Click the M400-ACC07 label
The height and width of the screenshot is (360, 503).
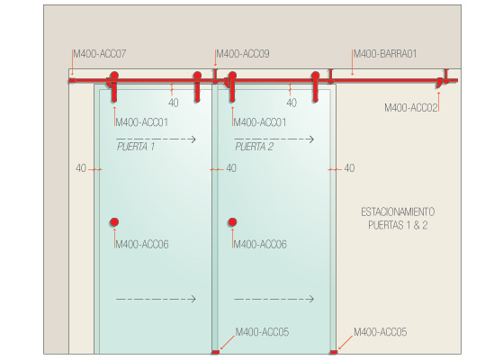(100, 54)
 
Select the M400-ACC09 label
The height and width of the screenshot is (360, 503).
(243, 54)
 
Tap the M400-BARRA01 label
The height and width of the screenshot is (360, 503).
(385, 54)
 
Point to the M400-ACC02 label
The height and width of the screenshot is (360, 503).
(411, 107)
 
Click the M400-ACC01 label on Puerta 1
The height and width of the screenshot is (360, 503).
(142, 122)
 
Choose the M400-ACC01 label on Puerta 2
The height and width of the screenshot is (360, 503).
(260, 122)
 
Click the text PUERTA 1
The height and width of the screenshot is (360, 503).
(136, 147)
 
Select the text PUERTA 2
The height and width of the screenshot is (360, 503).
(254, 147)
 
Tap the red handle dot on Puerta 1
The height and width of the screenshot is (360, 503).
(114, 222)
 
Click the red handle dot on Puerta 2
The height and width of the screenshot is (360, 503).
(232, 222)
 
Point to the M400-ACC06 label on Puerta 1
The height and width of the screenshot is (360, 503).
(142, 245)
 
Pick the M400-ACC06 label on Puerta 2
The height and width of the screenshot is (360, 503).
(260, 245)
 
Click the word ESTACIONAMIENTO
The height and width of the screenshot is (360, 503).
(398, 211)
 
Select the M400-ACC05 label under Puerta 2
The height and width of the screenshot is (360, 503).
(262, 332)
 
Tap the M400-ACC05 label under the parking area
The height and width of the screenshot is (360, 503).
(380, 332)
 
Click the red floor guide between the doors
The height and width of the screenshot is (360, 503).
(215, 352)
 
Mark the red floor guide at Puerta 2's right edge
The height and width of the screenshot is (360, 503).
(334, 352)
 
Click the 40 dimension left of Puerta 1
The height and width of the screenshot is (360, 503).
(81, 168)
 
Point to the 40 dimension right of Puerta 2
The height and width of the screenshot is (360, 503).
(349, 168)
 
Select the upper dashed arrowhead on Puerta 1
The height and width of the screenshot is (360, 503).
(193, 139)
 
